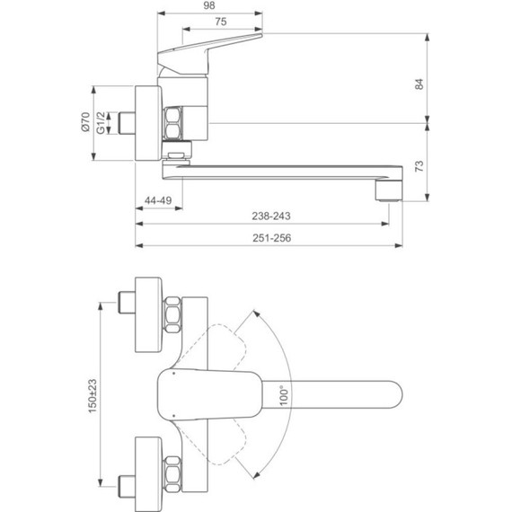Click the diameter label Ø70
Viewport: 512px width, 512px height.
click(85, 123)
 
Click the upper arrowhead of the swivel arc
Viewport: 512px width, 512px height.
click(258, 313)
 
